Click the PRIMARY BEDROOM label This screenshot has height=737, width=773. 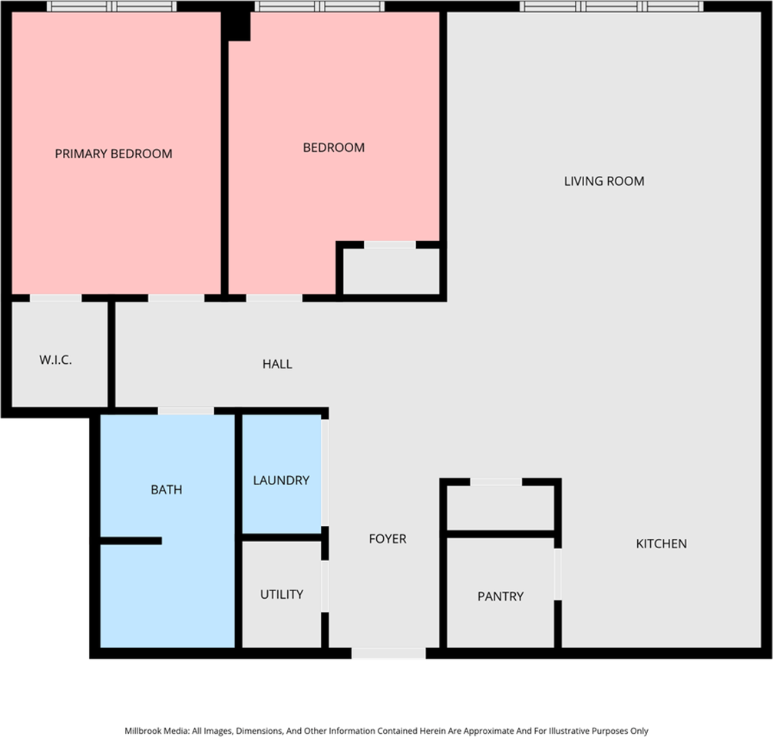(114, 154)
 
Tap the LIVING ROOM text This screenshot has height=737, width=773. (604, 181)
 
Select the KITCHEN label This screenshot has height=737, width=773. (661, 544)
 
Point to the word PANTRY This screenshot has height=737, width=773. (500, 596)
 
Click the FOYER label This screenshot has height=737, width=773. (388, 539)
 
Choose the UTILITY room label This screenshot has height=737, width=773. (282, 594)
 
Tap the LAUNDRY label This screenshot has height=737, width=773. (281, 481)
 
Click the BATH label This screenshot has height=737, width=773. (167, 489)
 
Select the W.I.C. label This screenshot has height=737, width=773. (55, 360)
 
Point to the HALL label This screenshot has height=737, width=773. (277, 364)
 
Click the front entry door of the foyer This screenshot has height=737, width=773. (388, 653)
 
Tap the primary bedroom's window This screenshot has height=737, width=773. (112, 6)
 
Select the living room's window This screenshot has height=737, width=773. (612, 6)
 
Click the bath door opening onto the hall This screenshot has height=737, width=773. (186, 411)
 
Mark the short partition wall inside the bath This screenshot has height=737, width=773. (131, 541)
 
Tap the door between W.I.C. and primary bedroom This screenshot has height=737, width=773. (55, 298)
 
